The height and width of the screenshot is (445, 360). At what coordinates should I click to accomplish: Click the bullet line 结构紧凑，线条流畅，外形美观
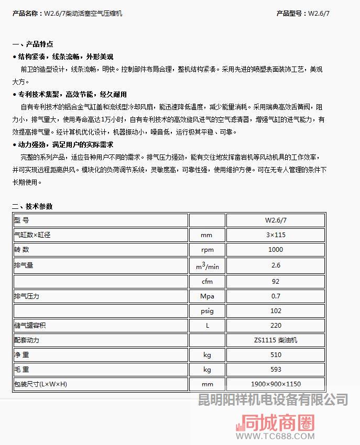click(x=66, y=57)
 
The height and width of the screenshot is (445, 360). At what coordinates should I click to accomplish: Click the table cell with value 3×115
click(x=276, y=235)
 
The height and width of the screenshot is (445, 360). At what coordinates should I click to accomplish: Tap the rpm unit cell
click(x=207, y=250)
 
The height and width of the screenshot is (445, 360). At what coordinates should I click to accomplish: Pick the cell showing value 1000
click(x=276, y=250)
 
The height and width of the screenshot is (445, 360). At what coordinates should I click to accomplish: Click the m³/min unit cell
click(x=207, y=266)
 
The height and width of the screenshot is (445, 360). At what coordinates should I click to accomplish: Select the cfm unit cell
click(x=207, y=281)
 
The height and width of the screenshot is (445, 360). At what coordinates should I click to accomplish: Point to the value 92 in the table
click(x=276, y=281)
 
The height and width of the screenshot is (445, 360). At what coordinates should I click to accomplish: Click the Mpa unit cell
click(x=207, y=296)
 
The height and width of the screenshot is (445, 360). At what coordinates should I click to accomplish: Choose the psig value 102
click(x=276, y=310)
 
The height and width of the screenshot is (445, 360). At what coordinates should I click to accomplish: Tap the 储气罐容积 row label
click(x=30, y=325)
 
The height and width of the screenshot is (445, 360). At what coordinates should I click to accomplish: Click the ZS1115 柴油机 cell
click(x=276, y=340)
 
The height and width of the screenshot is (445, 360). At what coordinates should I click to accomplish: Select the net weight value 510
click(x=276, y=354)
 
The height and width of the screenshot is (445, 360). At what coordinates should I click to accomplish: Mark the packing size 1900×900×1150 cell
click(x=276, y=384)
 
